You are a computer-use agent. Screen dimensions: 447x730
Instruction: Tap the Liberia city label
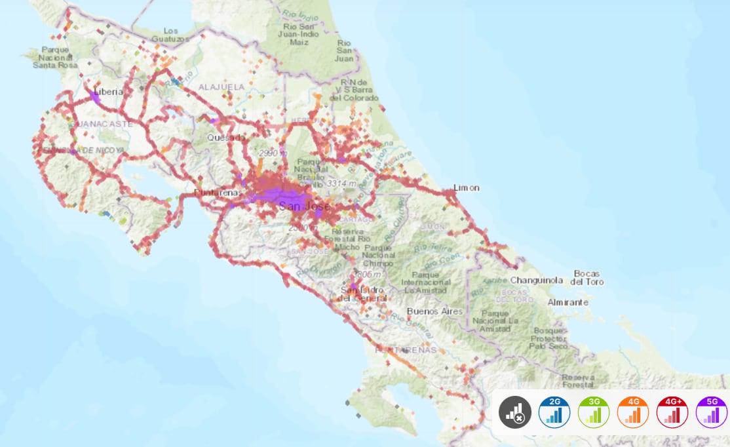[x=108, y=92]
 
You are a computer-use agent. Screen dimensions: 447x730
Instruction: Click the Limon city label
[x=466, y=187]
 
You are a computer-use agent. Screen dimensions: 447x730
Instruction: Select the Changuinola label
[x=536, y=280]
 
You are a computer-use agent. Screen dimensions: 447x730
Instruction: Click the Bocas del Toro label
[x=587, y=277]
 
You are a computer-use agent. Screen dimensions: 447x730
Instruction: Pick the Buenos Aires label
[x=434, y=311]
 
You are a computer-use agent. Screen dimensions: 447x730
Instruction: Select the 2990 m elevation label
[x=273, y=153]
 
